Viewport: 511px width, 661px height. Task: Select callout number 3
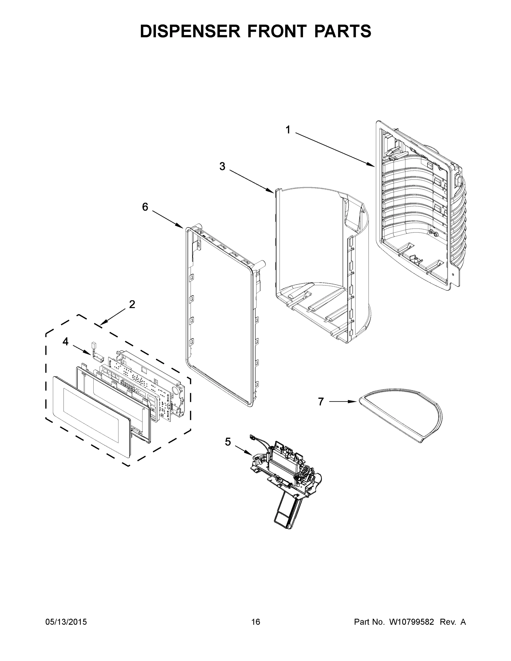(x=222, y=166)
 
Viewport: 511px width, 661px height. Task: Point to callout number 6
(x=145, y=207)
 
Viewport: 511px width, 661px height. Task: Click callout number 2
(x=132, y=304)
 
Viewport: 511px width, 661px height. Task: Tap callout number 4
(x=65, y=342)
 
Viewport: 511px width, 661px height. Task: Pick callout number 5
(x=228, y=442)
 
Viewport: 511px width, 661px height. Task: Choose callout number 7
(x=321, y=402)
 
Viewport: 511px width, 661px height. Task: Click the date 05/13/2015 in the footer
(x=66, y=622)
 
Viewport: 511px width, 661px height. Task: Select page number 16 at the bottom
(x=256, y=622)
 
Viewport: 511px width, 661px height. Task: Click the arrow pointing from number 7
(x=342, y=402)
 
